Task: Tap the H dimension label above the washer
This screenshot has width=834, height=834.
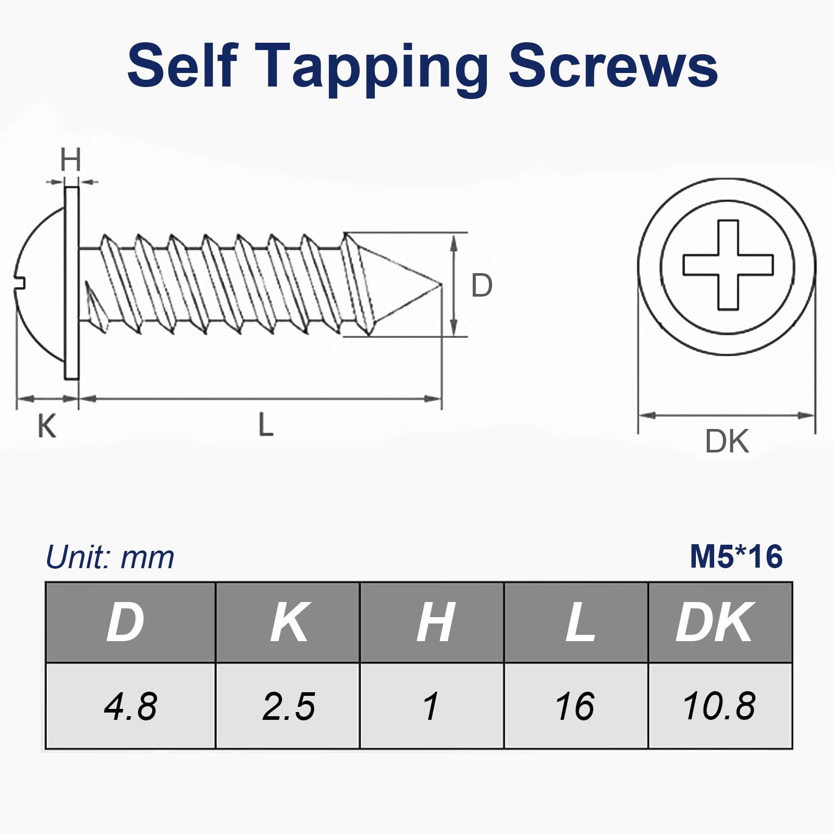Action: tap(70, 160)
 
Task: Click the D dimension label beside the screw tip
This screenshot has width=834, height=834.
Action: tap(481, 285)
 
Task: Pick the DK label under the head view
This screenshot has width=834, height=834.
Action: tap(727, 441)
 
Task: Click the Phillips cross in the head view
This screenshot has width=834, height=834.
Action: tap(728, 264)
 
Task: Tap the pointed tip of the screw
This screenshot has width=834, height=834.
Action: tap(441, 285)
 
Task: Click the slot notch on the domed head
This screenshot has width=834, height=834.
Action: tap(20, 283)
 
